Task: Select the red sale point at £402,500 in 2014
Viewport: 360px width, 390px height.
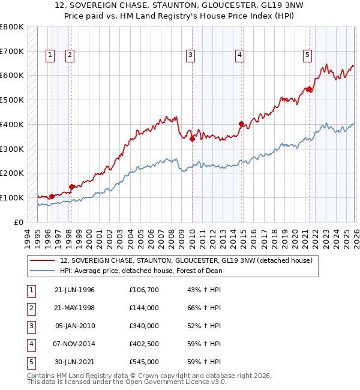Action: point(241,124)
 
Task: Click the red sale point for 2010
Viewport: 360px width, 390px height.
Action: point(192,139)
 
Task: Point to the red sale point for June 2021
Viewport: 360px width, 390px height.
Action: point(309,89)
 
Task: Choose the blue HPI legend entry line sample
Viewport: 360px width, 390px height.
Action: point(43,271)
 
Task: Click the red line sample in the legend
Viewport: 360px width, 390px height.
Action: point(43,261)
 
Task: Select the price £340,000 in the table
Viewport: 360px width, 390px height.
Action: point(144,326)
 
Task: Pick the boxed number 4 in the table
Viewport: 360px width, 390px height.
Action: point(31,344)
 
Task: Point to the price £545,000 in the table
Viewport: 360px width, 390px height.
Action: point(144,362)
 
